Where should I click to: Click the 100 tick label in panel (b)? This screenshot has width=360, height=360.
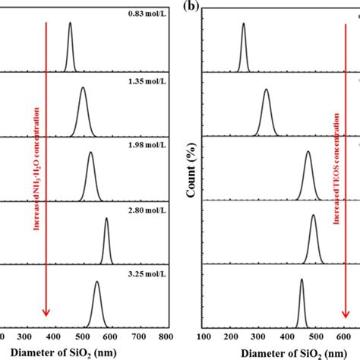(x=203, y=336)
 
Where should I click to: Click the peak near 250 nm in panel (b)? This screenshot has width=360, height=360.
(x=243, y=24)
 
